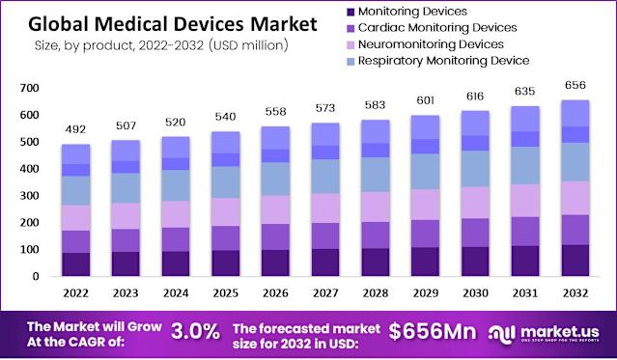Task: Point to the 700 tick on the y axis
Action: point(28,89)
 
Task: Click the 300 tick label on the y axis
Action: point(28,196)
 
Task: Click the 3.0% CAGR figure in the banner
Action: point(196,331)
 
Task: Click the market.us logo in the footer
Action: point(549,331)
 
